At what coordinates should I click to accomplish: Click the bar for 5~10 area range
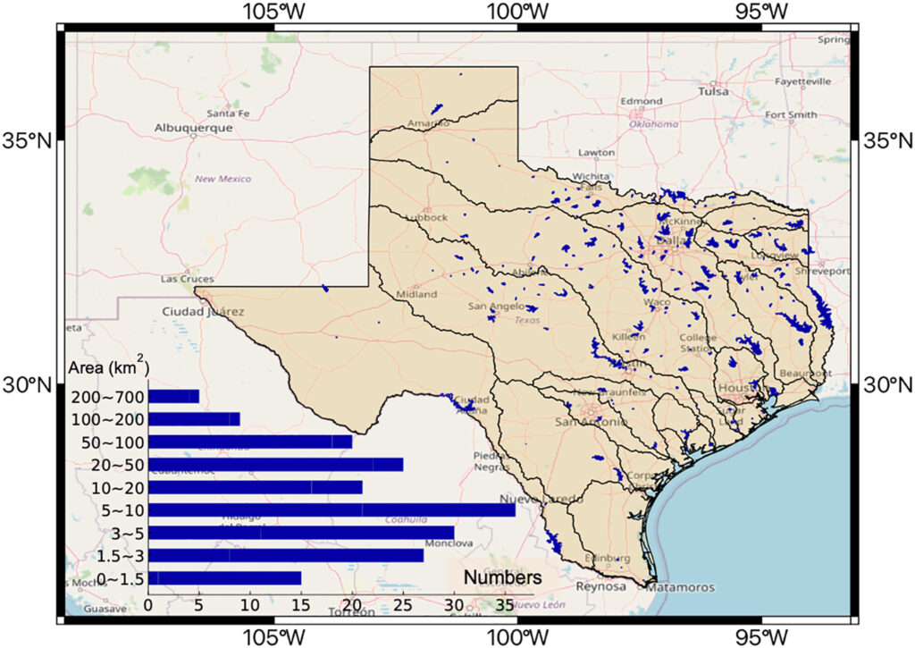tap(331, 510)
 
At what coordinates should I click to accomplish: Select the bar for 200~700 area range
tap(173, 396)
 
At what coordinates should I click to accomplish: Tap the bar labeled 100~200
tap(194, 418)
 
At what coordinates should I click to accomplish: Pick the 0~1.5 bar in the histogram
tap(224, 578)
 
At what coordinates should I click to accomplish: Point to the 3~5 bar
tap(300, 533)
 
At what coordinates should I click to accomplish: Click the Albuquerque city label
tap(193, 128)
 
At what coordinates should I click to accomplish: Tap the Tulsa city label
tap(713, 91)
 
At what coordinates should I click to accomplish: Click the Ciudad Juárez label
tap(203, 312)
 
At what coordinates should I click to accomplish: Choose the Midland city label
tap(416, 294)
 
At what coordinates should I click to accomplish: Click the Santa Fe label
tap(228, 114)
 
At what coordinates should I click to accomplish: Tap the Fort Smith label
tap(790, 114)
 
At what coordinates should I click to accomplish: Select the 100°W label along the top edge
tap(517, 12)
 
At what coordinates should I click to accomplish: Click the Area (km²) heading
tap(108, 368)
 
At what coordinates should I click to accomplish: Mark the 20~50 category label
tap(116, 465)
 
